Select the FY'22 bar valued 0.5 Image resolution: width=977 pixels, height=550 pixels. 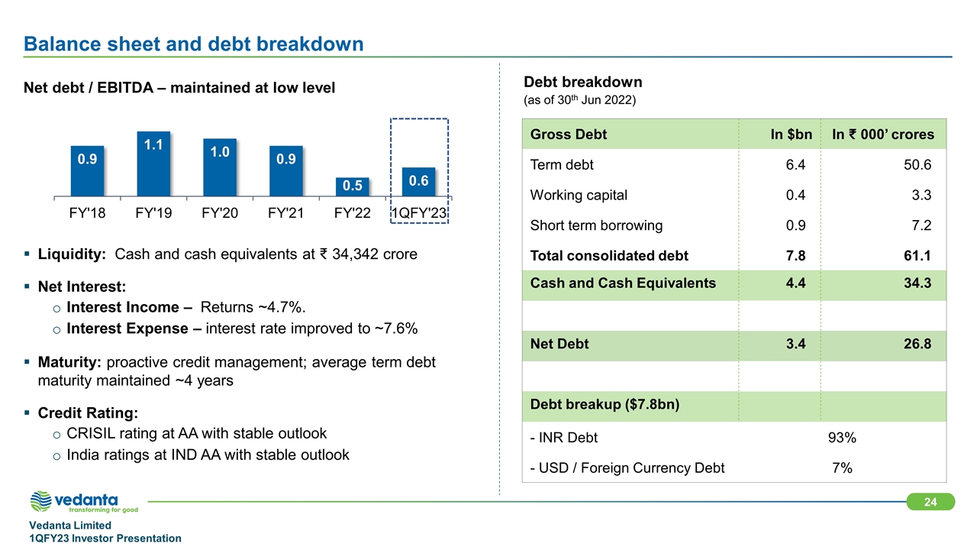click(x=352, y=186)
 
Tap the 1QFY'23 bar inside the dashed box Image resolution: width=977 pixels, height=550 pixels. click(x=418, y=181)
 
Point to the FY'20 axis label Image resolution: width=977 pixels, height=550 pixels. click(x=220, y=213)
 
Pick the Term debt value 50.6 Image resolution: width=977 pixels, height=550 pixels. click(x=917, y=165)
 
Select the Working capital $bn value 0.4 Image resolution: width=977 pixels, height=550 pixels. click(x=795, y=195)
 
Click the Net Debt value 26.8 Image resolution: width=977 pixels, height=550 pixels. click(x=917, y=344)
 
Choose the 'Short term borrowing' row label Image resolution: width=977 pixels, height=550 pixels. click(x=596, y=225)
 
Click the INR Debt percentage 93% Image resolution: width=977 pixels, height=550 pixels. click(x=842, y=438)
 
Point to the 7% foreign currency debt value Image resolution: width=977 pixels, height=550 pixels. click(x=842, y=467)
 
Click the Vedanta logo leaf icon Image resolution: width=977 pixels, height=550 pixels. click(x=41, y=501)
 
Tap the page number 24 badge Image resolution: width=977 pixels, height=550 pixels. click(x=930, y=502)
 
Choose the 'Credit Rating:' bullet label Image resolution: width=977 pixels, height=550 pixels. click(x=88, y=412)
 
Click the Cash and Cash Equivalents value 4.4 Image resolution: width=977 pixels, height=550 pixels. click(x=795, y=283)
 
